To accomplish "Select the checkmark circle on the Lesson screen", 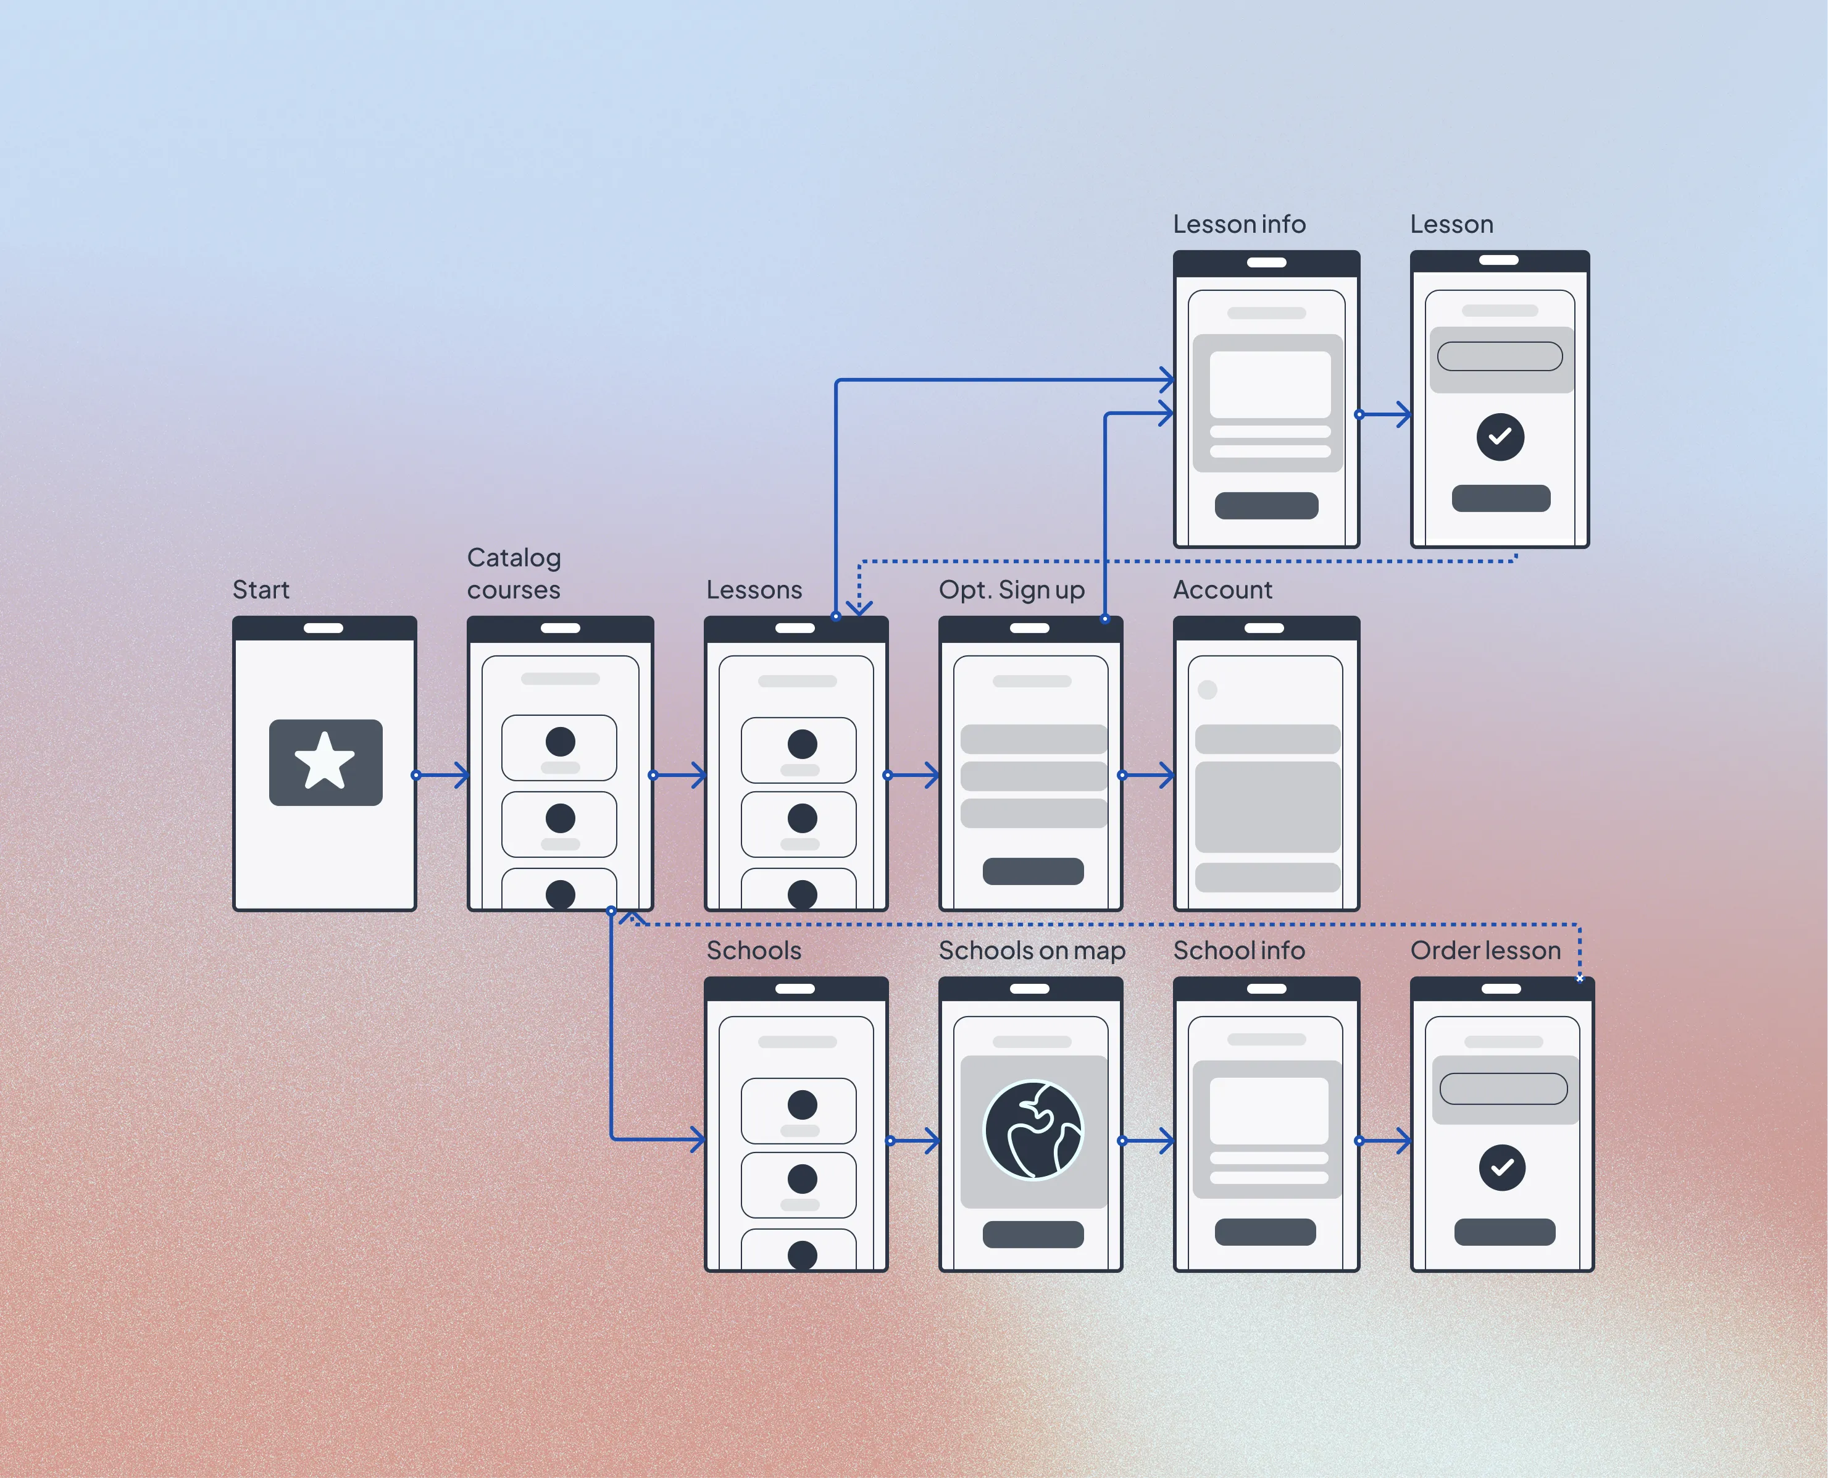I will pyautogui.click(x=1500, y=437).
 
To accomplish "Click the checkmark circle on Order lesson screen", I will pyautogui.click(x=1502, y=1167).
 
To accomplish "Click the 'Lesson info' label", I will pyautogui.click(x=1238, y=224).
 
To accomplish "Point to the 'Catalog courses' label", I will pyautogui.click(x=514, y=573).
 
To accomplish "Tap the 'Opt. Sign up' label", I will pyautogui.click(x=1011, y=589).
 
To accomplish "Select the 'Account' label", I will pyautogui.click(x=1222, y=589).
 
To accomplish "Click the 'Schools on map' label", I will pyautogui.click(x=1032, y=950).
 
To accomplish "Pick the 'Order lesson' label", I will pyautogui.click(x=1485, y=950).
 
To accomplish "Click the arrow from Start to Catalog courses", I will pyautogui.click(x=443, y=775).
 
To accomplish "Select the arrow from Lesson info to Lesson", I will pyautogui.click(x=1385, y=414).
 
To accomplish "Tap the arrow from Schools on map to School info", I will pyautogui.click(x=1149, y=1141).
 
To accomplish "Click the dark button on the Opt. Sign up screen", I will pyautogui.click(x=1032, y=871).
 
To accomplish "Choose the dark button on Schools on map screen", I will pyautogui.click(x=1032, y=1235).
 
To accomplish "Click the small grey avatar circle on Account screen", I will pyautogui.click(x=1207, y=690).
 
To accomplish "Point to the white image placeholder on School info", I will pyautogui.click(x=1268, y=1111).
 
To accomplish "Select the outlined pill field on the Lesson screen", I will pyautogui.click(x=1500, y=356).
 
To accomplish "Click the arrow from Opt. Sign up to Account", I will pyautogui.click(x=1149, y=775).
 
